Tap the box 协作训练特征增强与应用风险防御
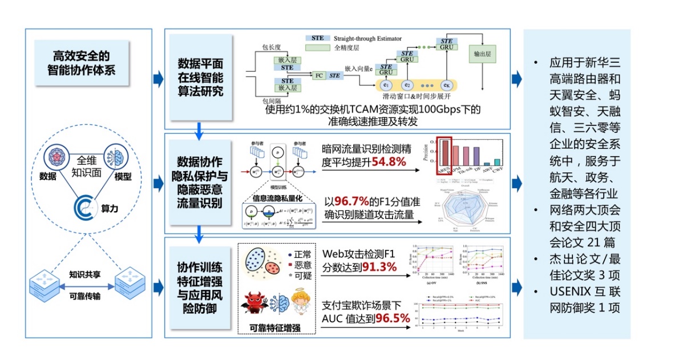tap(199, 286)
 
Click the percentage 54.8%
tap(389, 163)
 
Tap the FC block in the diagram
tap(320, 75)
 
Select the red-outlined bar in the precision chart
tap(445, 153)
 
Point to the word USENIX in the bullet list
tap(567, 294)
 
